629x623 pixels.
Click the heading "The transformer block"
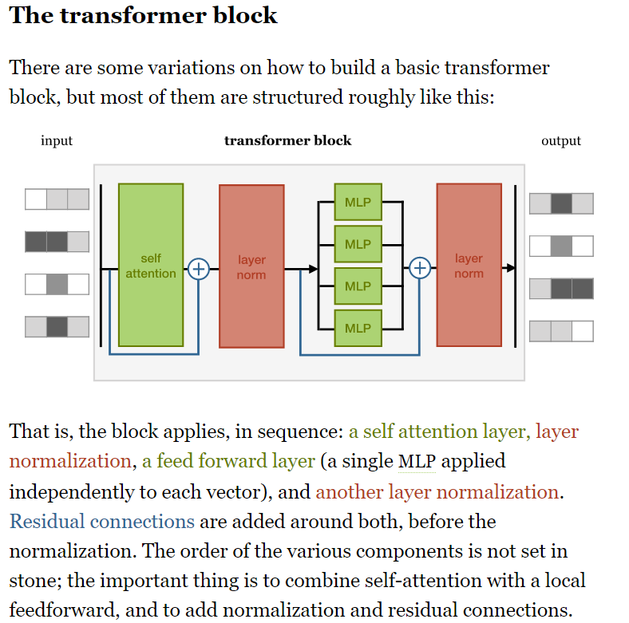(144, 16)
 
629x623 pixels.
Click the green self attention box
(151, 265)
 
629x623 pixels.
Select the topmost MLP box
(358, 203)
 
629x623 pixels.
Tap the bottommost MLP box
(358, 328)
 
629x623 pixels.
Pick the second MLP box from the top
(358, 244)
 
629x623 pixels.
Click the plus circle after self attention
(198, 270)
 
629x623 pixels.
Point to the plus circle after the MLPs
(420, 269)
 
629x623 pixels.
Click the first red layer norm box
(251, 266)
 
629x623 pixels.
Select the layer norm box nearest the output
(469, 266)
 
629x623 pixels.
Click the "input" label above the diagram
(57, 141)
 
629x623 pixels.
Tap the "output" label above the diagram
(561, 141)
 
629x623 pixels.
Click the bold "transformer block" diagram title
(287, 141)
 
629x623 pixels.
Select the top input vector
(57, 199)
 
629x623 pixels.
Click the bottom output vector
(561, 331)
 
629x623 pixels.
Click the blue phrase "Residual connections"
(102, 522)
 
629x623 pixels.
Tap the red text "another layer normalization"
(437, 492)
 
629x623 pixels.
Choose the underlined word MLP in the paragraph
(416, 462)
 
